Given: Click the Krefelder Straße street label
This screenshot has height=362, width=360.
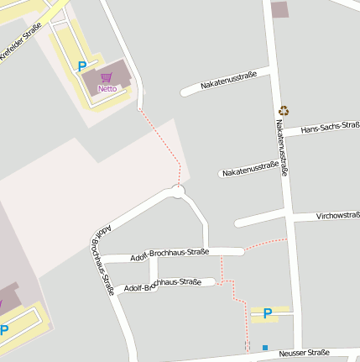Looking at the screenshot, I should [21, 41].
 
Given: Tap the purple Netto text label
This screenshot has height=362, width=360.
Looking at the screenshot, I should [107, 88].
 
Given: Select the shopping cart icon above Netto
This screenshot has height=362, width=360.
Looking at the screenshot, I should [107, 78].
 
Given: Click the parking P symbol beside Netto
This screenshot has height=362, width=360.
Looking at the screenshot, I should [81, 66].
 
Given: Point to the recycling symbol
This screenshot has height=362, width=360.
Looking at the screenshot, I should [284, 110].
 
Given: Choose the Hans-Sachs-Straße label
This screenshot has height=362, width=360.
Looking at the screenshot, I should [330, 128].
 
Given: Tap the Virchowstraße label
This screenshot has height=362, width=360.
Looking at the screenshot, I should [337, 216].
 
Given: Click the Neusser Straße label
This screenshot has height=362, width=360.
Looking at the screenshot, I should [305, 354].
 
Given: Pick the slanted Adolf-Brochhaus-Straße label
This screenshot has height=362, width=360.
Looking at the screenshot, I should [100, 260].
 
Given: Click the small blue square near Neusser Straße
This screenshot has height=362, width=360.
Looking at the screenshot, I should [265, 348].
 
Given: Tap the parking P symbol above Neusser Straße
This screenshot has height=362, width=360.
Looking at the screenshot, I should [268, 314].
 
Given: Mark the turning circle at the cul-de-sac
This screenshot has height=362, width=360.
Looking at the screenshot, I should [177, 191].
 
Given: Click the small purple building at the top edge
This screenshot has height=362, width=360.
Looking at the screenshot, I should [279, 9].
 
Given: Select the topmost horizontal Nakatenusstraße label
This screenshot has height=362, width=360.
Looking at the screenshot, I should [229, 81].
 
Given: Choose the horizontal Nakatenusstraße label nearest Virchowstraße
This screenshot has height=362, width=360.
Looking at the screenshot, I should [250, 170].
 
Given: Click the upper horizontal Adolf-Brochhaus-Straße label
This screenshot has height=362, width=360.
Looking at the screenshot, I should [170, 254].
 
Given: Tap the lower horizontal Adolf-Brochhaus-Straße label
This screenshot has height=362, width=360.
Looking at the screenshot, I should [162, 285].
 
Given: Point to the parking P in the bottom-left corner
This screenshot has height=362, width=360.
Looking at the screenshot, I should [4, 330].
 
